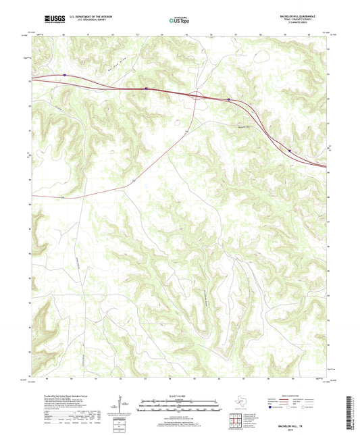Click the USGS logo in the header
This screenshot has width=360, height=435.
52,19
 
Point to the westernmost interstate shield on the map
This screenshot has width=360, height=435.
64,75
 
